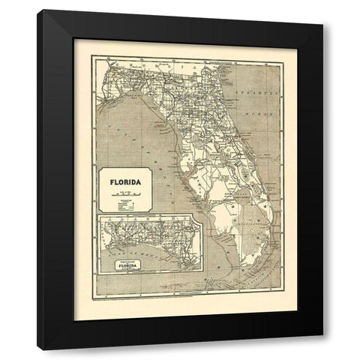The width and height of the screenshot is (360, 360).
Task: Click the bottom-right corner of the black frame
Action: click(322, 349)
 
